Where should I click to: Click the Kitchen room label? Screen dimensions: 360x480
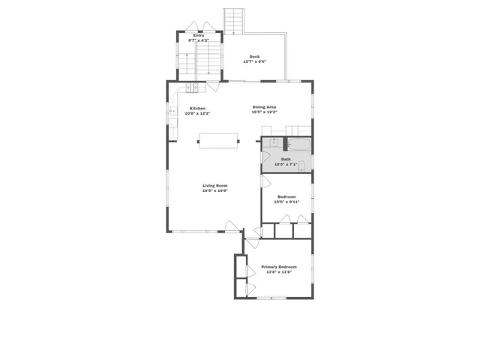click(x=197, y=108)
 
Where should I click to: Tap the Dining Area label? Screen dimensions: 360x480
click(x=264, y=107)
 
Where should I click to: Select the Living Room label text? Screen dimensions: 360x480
click(x=214, y=185)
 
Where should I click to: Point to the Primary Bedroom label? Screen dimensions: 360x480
click(x=278, y=267)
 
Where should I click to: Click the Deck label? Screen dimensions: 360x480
click(x=255, y=56)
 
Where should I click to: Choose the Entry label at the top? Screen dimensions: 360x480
click(x=199, y=35)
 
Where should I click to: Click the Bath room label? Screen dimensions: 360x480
click(x=286, y=159)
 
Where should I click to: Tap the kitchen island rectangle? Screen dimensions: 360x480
click(x=218, y=140)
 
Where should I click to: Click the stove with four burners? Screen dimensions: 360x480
click(x=192, y=88)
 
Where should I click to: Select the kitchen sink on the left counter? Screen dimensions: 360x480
click(x=172, y=112)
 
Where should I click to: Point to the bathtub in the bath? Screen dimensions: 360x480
click(x=298, y=144)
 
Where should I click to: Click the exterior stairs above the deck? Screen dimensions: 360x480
click(x=235, y=21)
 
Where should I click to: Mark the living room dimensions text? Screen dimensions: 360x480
click(x=214, y=191)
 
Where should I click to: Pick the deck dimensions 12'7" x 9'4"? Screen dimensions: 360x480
click(x=255, y=61)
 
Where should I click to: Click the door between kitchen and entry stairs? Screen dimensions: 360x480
click(x=213, y=85)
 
